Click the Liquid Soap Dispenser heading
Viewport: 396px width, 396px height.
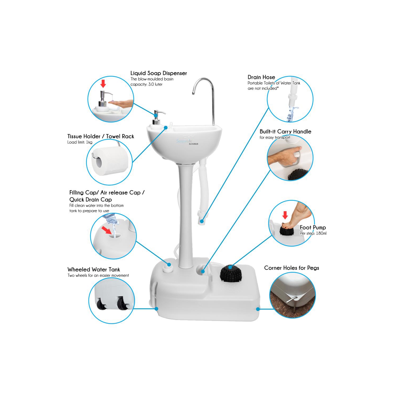[x=158, y=73]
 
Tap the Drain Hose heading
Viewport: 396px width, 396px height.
[x=261, y=77]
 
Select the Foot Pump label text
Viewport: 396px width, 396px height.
[x=313, y=227]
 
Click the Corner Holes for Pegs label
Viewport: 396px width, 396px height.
[x=291, y=268]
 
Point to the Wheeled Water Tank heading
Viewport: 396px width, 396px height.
[x=93, y=269]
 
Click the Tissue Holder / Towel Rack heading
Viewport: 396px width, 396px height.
[x=101, y=136]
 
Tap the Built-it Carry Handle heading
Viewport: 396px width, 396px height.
[x=285, y=131]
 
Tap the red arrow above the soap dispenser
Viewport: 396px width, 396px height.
[x=103, y=83]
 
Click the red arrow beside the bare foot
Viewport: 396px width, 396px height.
[x=285, y=215]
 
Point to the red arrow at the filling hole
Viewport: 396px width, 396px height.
[x=107, y=230]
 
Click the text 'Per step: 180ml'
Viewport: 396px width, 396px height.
[x=313, y=233]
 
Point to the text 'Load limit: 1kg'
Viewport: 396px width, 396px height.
[x=80, y=142]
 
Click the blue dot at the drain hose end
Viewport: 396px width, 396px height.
[x=202, y=221]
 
